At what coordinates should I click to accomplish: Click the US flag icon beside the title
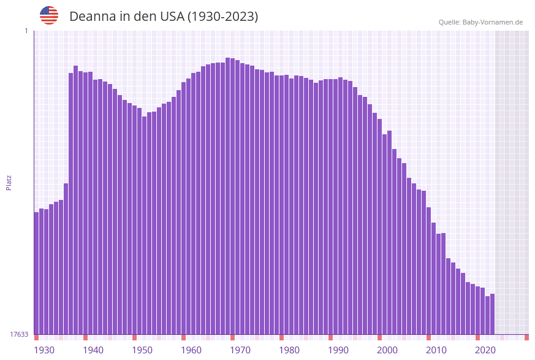[x=49, y=15]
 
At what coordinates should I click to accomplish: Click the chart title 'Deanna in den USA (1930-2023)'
[x=164, y=17]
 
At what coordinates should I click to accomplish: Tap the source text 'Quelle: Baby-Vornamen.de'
[x=480, y=22]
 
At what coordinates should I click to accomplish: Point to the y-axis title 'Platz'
[x=9, y=182]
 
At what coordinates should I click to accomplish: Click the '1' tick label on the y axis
[x=26, y=31]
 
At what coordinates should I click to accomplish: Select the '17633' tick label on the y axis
[x=19, y=334]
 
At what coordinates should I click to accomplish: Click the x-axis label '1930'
[x=44, y=350]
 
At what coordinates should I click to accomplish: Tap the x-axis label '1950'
[x=142, y=350]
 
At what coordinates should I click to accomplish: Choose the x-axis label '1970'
[x=240, y=350]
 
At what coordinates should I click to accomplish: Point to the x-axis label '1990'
[x=338, y=350]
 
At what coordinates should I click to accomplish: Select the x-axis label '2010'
[x=436, y=350]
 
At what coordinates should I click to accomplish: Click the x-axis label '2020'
[x=485, y=350]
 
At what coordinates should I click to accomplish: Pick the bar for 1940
[x=86, y=202]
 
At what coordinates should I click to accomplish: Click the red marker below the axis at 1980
[x=282, y=337]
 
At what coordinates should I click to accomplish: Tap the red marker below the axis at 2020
[x=478, y=337]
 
